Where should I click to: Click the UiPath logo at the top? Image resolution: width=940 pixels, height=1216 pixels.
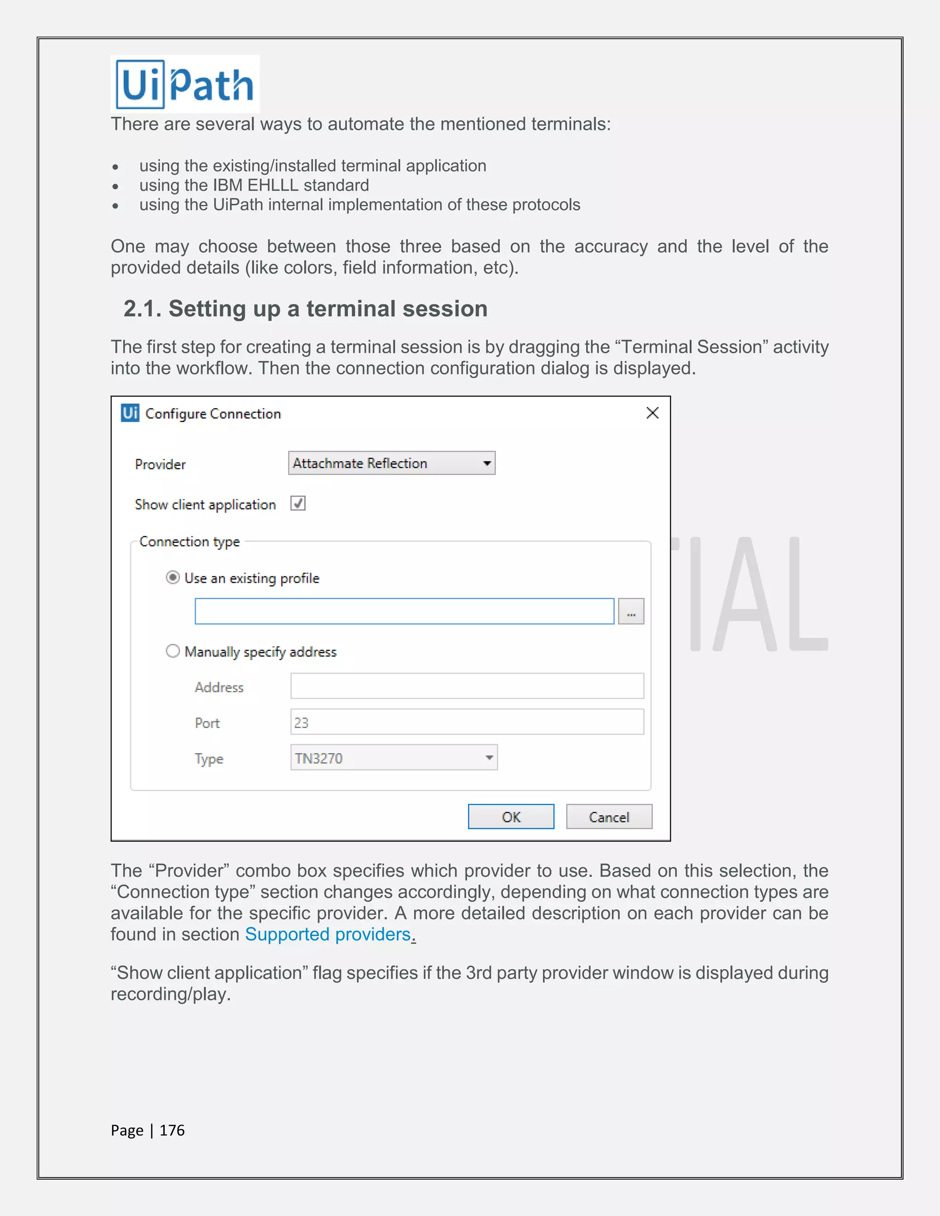coord(185,84)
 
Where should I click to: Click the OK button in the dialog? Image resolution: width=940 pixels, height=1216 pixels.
coord(511,817)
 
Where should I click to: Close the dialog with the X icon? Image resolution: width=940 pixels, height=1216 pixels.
coord(652,413)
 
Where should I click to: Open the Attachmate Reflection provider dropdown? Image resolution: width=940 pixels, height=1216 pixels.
coord(392,463)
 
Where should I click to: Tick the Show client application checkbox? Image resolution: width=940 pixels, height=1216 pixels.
coord(298,503)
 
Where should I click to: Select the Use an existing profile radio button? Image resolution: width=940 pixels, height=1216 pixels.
coord(173,577)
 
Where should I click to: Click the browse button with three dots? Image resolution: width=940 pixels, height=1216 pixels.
coord(631,611)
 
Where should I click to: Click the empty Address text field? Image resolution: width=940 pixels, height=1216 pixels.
coord(467,686)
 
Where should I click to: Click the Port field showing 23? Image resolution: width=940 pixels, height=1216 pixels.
coord(467,722)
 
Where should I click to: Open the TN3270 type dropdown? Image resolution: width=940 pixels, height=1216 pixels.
coord(394,758)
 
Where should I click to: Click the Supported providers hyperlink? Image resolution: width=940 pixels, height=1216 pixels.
coord(328,934)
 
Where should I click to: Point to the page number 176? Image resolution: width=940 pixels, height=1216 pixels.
coord(172,1130)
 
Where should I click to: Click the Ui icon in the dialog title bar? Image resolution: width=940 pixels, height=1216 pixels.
coord(130,413)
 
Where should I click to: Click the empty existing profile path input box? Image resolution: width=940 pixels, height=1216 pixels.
coord(404,611)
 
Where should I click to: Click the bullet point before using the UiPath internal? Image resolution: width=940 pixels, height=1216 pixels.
coord(115,206)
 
